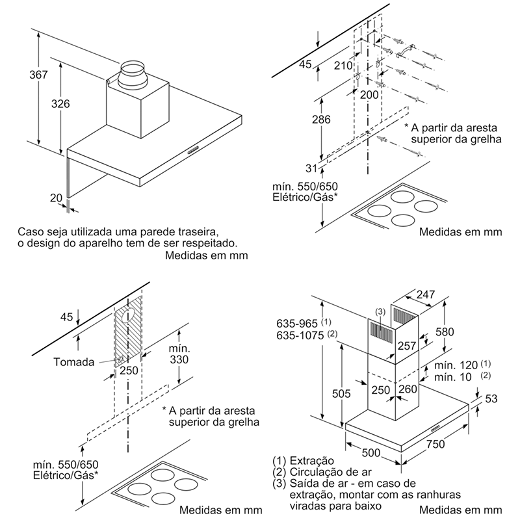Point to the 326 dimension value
point(60,104)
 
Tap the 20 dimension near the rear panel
point(56,198)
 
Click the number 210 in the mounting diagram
point(344,65)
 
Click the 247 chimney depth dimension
point(426,295)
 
